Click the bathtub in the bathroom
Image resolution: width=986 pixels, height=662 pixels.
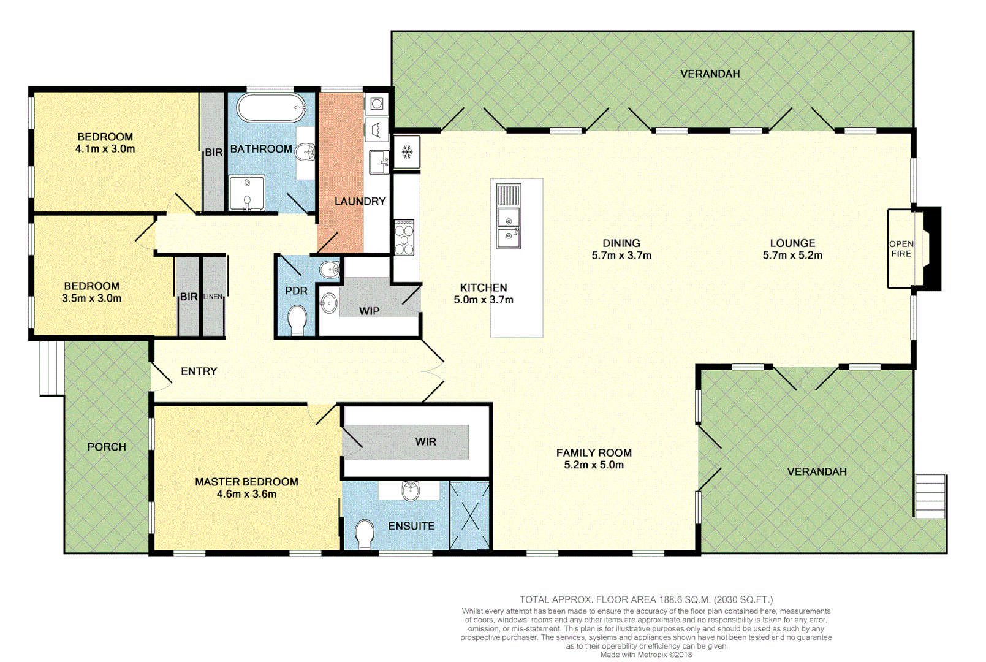point(271,108)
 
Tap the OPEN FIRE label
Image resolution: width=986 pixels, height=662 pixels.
point(901,249)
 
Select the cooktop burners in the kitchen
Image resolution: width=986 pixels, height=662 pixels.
point(404,237)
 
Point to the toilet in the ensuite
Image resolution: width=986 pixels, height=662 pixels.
point(365,534)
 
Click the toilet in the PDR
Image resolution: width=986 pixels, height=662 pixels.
point(298,320)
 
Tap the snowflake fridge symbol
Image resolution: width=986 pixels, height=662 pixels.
point(407,152)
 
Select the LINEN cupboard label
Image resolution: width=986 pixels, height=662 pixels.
point(213,297)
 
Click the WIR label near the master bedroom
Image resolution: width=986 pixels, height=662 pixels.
point(425,442)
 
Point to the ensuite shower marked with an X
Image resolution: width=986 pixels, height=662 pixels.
point(470,516)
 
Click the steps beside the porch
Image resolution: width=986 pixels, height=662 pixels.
point(51,368)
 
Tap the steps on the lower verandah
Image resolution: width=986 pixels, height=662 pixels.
point(930,496)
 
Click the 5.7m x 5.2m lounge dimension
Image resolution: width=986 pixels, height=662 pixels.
point(792,256)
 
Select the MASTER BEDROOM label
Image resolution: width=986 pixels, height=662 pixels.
point(246,482)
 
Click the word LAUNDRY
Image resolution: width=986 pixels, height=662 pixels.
point(360,201)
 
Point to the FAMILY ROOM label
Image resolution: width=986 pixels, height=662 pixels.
point(593,453)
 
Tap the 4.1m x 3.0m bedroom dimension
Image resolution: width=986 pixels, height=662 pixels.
point(105,149)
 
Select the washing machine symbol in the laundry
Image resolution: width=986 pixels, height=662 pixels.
point(377,104)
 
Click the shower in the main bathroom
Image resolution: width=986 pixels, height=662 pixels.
point(246,192)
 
